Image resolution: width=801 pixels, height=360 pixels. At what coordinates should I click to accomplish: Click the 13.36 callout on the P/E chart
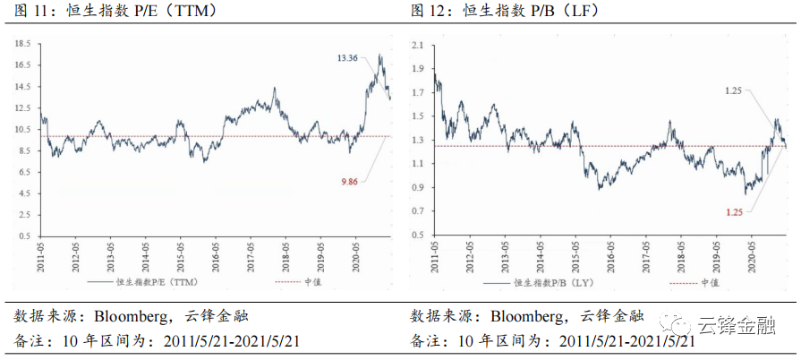[x=347, y=58]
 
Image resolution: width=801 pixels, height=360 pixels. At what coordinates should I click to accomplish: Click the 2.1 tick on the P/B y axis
[x=417, y=44]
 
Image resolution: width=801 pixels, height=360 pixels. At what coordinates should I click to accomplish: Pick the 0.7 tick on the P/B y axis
[x=417, y=212]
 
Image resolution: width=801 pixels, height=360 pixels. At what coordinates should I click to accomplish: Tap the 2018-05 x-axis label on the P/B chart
[x=682, y=253]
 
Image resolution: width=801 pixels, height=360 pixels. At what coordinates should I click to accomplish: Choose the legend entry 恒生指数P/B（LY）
[x=550, y=281]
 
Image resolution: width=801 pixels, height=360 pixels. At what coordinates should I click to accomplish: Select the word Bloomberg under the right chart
[x=528, y=315]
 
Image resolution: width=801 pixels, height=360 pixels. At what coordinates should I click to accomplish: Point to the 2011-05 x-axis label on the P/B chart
[x=435, y=253]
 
